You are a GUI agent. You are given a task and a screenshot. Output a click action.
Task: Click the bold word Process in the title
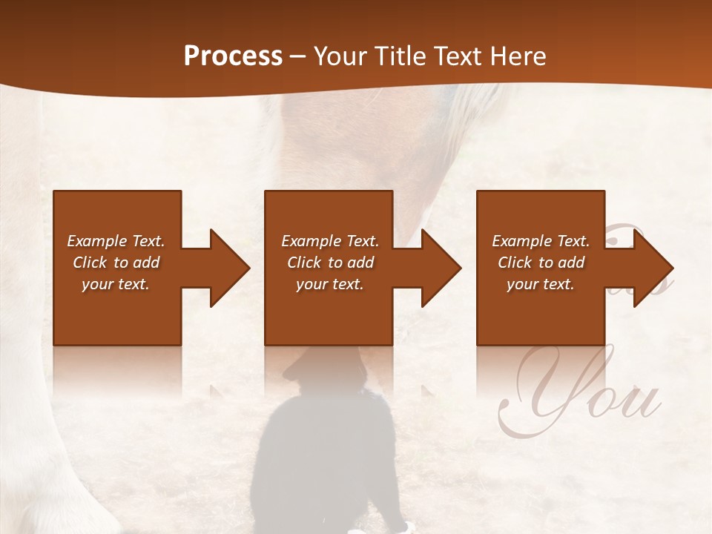pos(233,56)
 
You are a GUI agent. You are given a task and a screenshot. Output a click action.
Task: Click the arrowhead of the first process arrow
pos(227,268)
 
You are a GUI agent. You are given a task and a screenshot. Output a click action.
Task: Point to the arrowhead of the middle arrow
pos(438,268)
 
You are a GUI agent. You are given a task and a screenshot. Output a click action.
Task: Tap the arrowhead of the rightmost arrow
pos(650,268)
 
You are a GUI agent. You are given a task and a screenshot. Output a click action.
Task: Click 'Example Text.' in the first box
pos(116,241)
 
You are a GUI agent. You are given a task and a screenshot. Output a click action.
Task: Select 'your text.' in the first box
pos(116,284)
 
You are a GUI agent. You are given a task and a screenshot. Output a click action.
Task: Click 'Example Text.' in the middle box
pos(330,241)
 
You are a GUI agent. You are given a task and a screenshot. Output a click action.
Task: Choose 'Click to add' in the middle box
pos(330,263)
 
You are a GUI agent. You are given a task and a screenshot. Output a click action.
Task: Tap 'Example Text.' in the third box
pos(541,241)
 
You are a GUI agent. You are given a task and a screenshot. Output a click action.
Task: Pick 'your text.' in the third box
pos(541,284)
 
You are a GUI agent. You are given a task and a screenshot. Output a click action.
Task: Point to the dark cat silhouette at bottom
pos(326,452)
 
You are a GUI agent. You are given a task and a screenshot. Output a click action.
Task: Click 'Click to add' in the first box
pos(116,263)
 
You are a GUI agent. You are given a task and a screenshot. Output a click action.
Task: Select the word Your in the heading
pos(340,56)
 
